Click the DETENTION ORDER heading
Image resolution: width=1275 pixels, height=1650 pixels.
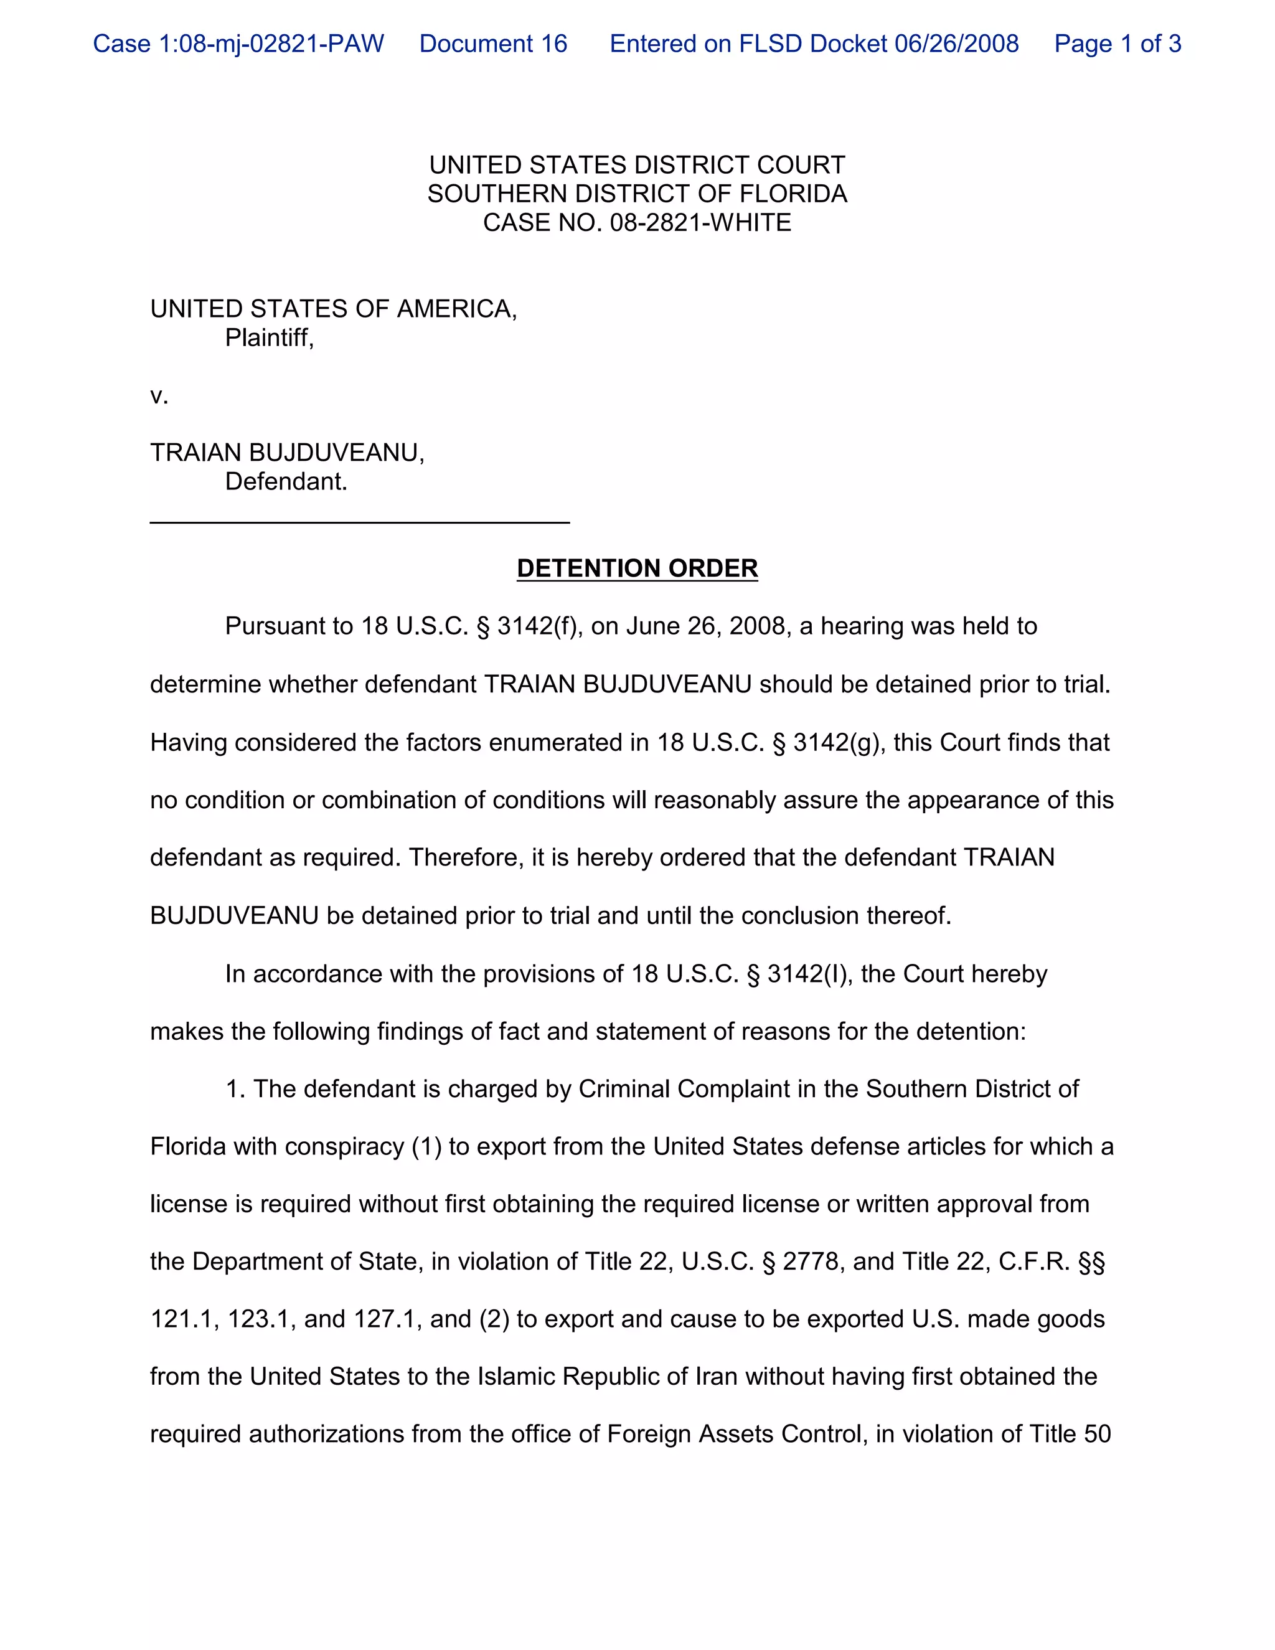637,568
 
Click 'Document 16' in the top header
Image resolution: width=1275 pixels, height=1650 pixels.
493,44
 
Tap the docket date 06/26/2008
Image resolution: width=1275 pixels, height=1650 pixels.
956,44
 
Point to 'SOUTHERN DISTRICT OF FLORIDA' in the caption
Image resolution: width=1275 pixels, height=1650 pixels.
637,194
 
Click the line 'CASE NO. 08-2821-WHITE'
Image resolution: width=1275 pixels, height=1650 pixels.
637,223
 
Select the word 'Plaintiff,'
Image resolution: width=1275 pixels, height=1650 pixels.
269,337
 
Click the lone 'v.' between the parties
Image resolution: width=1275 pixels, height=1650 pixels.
159,396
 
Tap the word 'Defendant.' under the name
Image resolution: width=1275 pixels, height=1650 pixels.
286,482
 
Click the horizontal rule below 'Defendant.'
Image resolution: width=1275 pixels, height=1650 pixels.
360,521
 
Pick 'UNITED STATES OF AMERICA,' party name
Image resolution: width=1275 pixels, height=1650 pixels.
333,309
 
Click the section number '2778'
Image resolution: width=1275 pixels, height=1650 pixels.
811,1261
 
